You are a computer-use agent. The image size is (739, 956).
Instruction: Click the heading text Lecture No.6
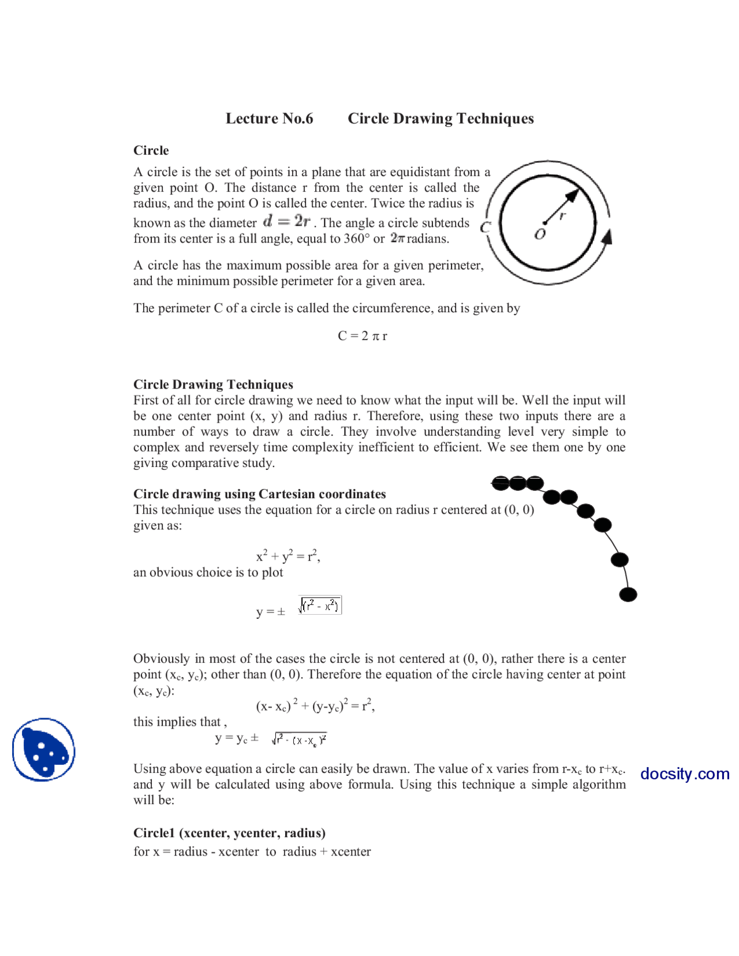point(269,118)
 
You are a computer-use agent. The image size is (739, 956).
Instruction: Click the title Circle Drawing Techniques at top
point(440,118)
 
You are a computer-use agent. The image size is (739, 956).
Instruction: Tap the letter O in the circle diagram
point(540,234)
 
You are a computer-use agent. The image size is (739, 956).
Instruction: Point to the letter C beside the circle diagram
point(485,227)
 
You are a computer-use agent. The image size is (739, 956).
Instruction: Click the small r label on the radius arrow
point(562,215)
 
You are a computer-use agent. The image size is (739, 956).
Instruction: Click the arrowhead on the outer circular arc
point(607,237)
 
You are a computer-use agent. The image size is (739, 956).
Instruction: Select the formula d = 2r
point(286,221)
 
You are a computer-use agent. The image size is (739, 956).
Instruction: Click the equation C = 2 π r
point(362,335)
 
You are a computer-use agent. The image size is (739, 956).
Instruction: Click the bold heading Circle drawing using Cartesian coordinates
point(259,494)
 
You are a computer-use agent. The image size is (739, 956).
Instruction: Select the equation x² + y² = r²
point(288,556)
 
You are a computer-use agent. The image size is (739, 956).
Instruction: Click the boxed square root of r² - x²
point(320,605)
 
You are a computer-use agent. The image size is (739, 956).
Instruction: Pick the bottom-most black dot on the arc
point(628,594)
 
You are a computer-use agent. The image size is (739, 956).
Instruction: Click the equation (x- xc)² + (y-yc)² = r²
point(315,705)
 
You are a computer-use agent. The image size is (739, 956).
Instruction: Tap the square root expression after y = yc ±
point(299,740)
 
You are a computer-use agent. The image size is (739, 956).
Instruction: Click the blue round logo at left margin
point(44,749)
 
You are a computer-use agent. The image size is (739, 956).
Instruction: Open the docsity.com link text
point(684,774)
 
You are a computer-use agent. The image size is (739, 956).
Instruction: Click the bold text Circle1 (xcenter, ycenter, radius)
point(229,832)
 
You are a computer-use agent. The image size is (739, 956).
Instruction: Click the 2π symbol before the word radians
point(397,238)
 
